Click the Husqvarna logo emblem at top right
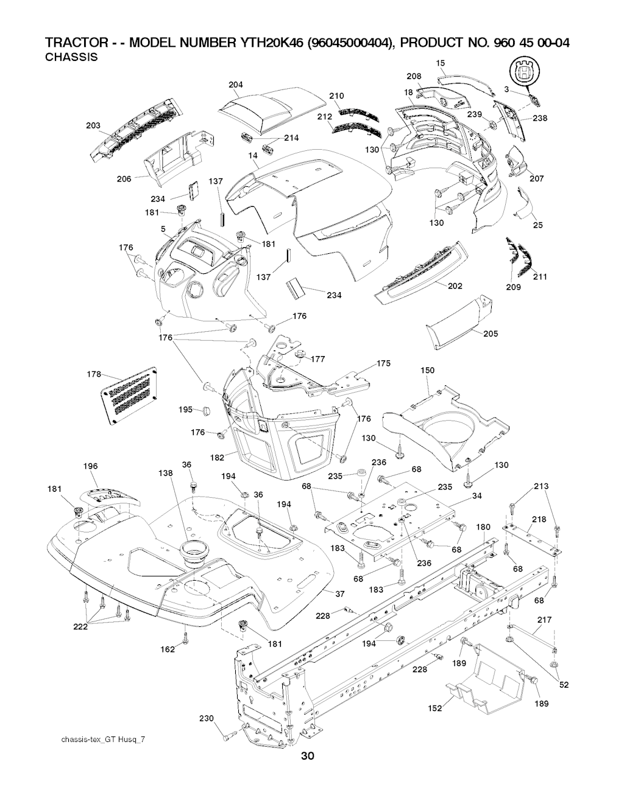point(524,71)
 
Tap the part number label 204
point(236,85)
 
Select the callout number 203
point(93,126)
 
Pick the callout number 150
point(428,371)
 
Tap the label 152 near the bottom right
point(434,708)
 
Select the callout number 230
point(207,719)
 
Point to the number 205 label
point(491,334)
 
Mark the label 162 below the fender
point(168,649)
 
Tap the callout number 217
point(544,620)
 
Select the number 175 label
point(383,363)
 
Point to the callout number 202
point(455,286)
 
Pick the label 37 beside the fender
point(340,593)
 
